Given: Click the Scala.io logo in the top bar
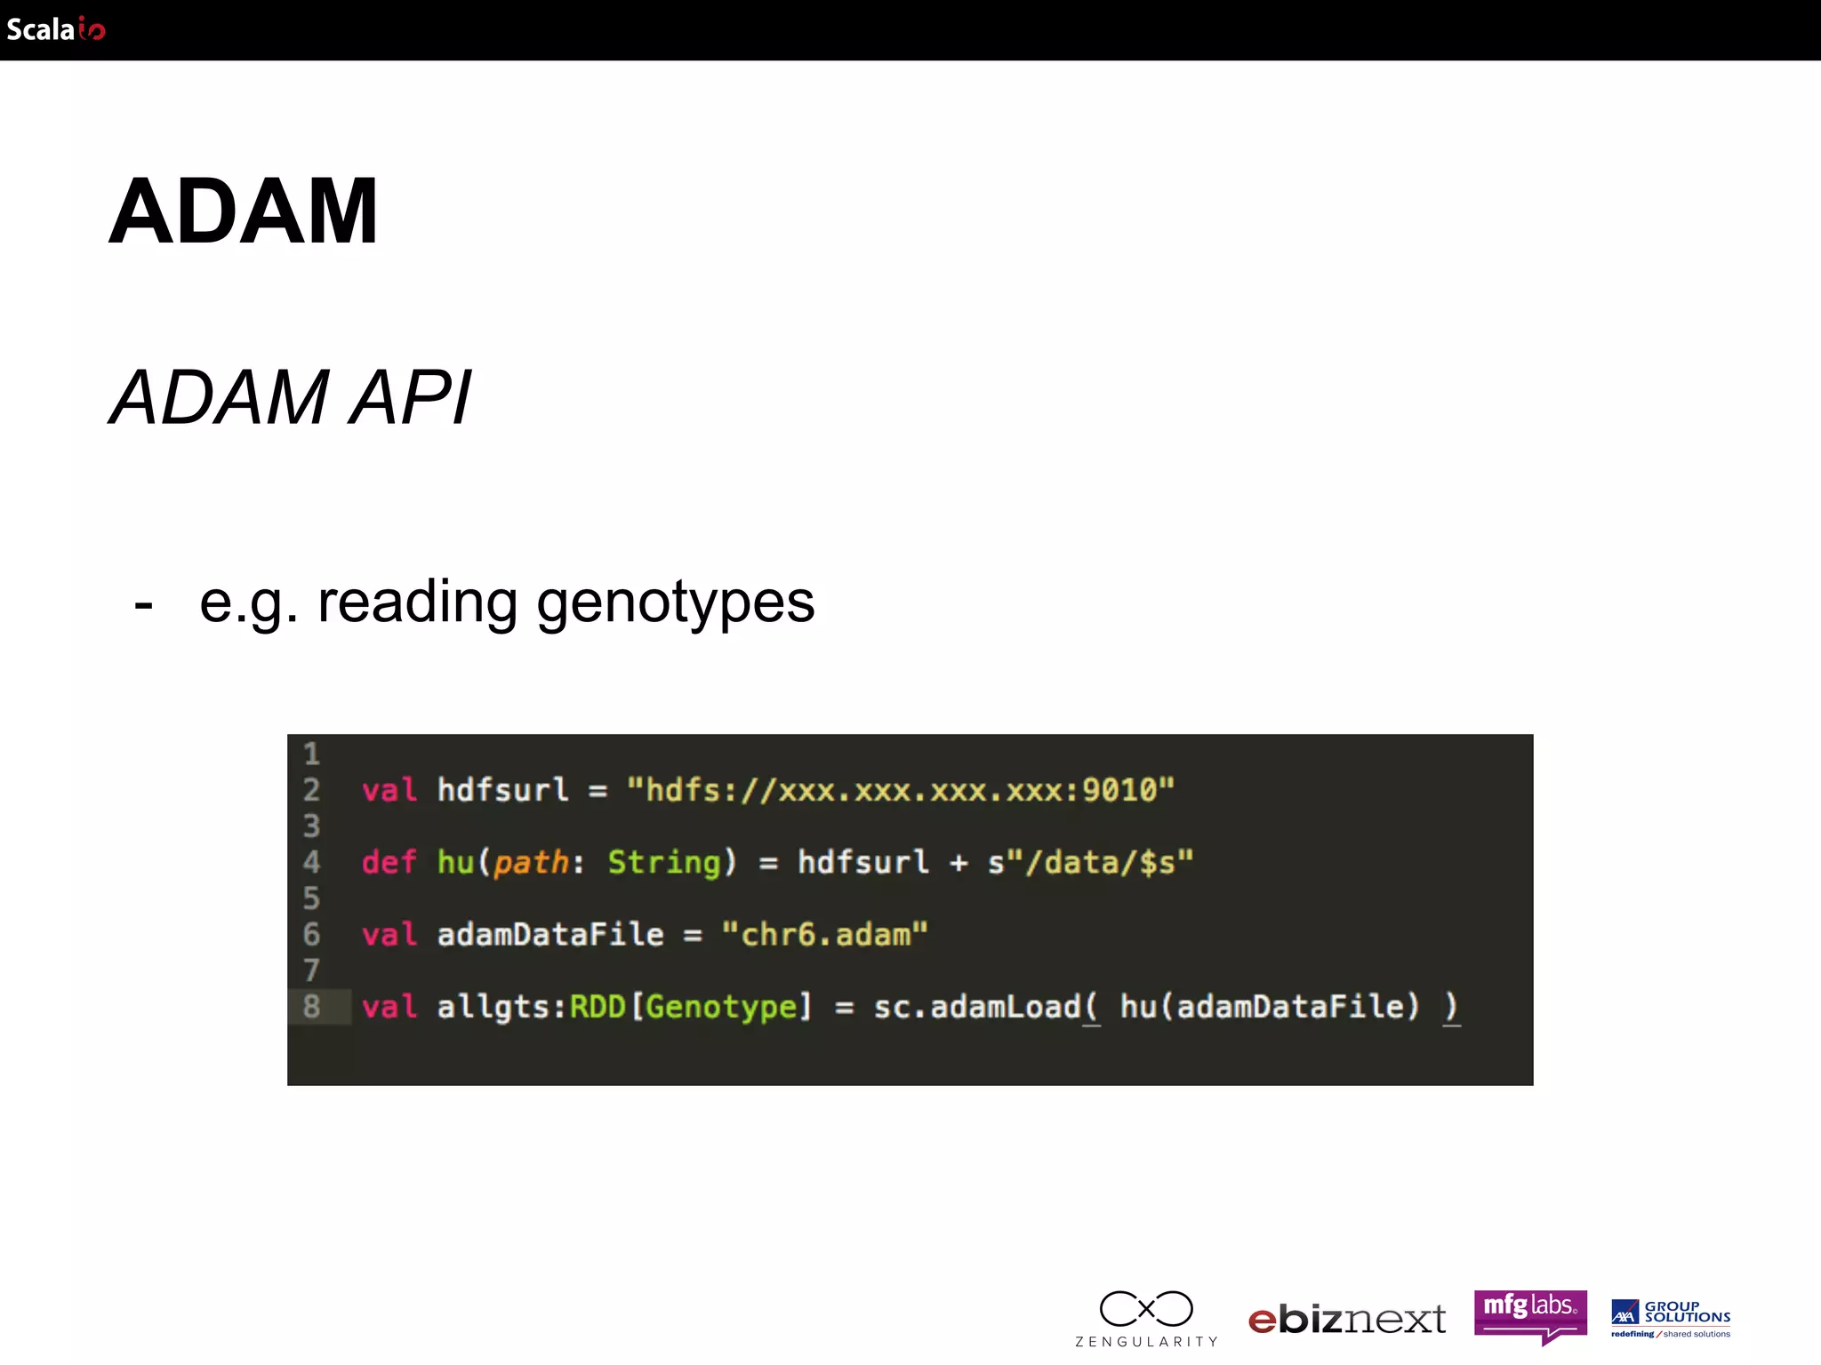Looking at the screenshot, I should pyautogui.click(x=56, y=29).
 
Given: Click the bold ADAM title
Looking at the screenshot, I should pyautogui.click(x=243, y=212).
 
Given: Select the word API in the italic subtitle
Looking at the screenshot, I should pyautogui.click(x=410, y=398).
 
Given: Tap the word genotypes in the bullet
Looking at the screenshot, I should pyautogui.click(x=675, y=603).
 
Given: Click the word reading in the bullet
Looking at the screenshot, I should pyautogui.click(x=417, y=603).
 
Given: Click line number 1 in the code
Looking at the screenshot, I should pyautogui.click(x=311, y=754).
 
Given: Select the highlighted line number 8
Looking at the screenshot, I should pyautogui.click(x=311, y=1006).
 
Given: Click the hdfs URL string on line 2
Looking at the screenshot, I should pyautogui.click(x=901, y=789).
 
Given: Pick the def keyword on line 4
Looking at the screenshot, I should pyautogui.click(x=389, y=862).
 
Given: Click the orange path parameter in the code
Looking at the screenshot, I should pyautogui.click(x=531, y=862).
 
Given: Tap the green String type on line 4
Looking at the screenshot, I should pyautogui.click(x=663, y=862).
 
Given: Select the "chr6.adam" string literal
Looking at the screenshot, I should pyautogui.click(x=824, y=934).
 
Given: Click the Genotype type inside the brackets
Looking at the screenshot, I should pyautogui.click(x=721, y=1006).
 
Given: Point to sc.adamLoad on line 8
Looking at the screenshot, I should pyautogui.click(x=975, y=1006).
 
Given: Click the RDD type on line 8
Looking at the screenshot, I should pyautogui.click(x=598, y=1006).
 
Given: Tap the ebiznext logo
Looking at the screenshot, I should pyautogui.click(x=1347, y=1320).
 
